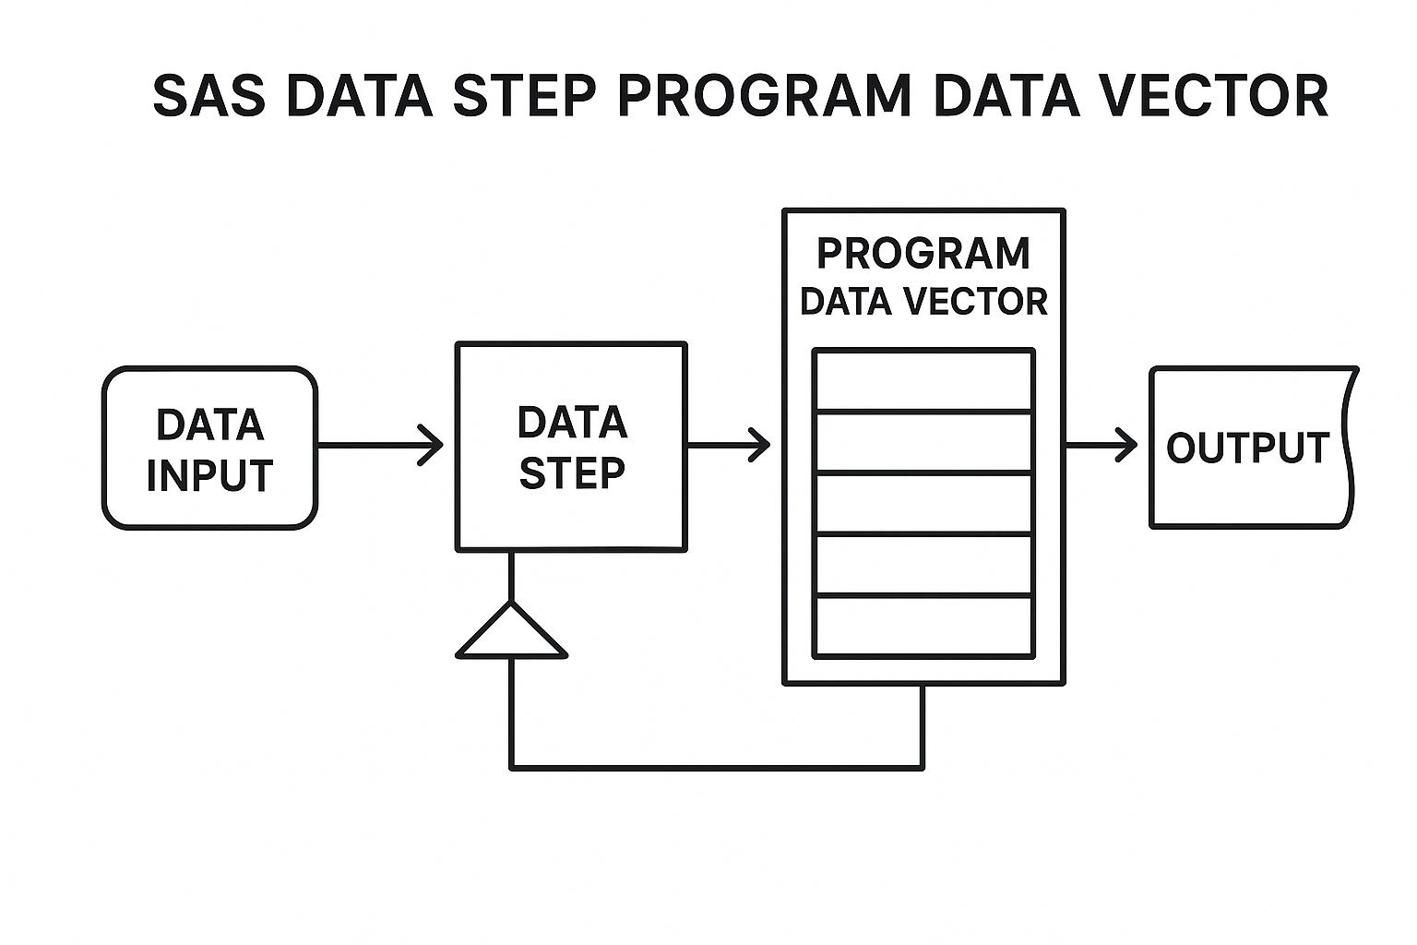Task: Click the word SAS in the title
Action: (x=208, y=95)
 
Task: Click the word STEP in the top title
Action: (x=524, y=95)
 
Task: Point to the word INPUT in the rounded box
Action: (x=209, y=475)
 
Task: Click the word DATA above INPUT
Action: (x=210, y=425)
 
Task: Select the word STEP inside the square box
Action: (x=572, y=472)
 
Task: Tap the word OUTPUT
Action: (x=1247, y=449)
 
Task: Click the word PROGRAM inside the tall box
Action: (x=923, y=254)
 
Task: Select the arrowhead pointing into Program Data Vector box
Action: (x=759, y=444)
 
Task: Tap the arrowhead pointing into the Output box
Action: (x=1126, y=445)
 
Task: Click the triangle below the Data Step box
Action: (x=511, y=635)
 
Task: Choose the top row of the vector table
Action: (x=923, y=380)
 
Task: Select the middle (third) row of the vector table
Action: (x=923, y=503)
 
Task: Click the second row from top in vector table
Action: (x=923, y=442)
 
